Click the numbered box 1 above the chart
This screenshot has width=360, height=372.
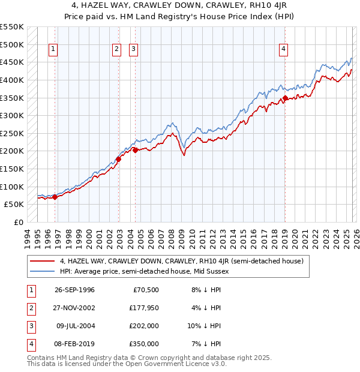click(x=54, y=50)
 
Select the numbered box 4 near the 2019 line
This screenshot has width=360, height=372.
click(x=283, y=50)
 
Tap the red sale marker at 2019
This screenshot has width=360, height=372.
click(x=285, y=98)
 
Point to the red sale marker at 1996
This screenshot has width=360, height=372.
click(x=55, y=196)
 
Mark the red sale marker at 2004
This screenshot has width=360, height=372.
click(x=136, y=150)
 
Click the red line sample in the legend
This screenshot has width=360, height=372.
click(x=43, y=261)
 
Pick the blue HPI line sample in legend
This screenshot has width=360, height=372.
click(x=43, y=271)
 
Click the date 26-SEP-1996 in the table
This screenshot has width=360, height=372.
click(x=74, y=290)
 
